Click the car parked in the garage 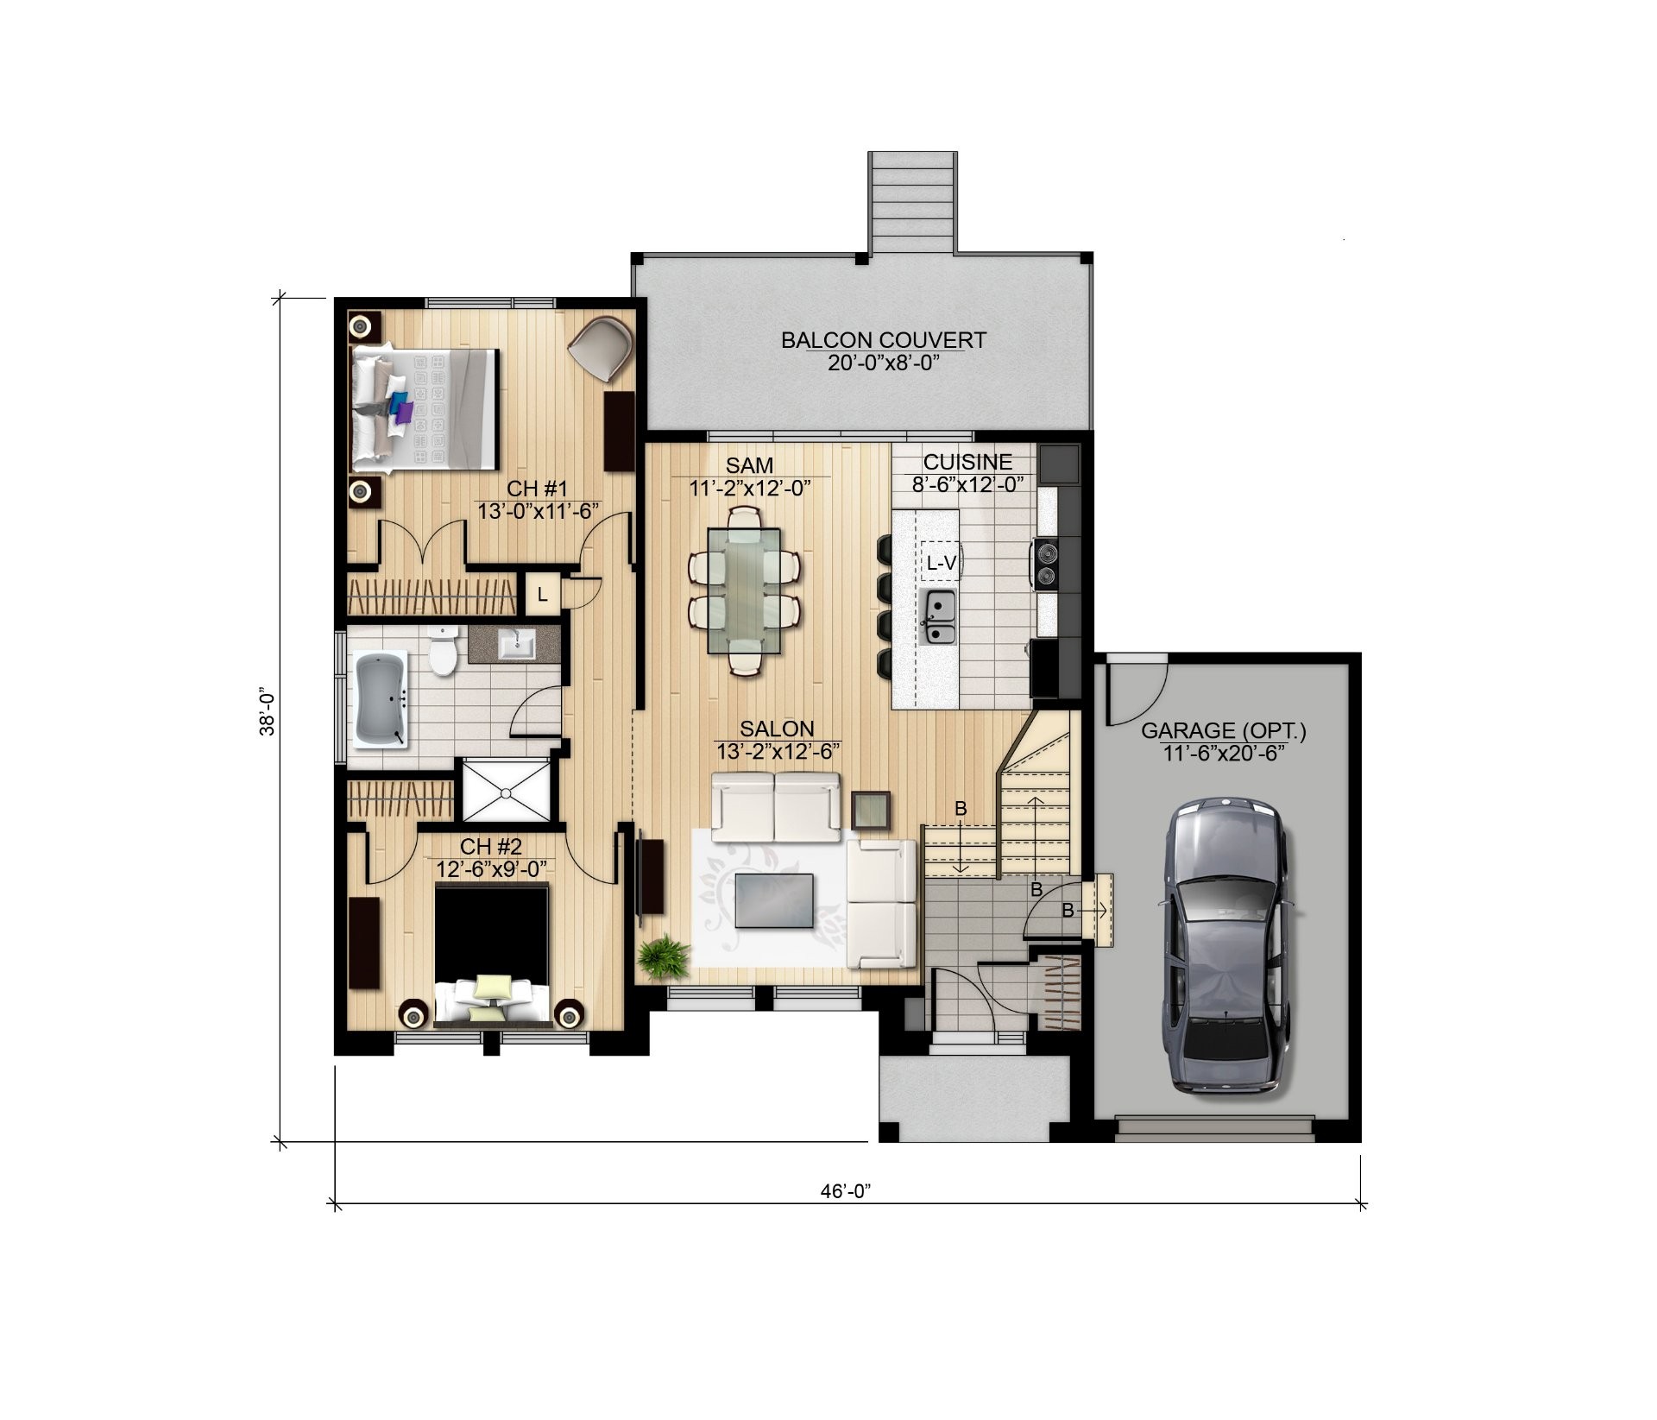[x=1226, y=950]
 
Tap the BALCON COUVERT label [x=883, y=340]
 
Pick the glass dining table [x=744, y=590]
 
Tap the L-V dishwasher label [x=941, y=564]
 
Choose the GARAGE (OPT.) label [x=1224, y=732]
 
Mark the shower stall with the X [x=505, y=790]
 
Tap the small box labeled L [x=542, y=594]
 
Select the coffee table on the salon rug [x=774, y=900]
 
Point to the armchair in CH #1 [x=601, y=347]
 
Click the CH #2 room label [x=490, y=846]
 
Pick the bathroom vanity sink [x=518, y=643]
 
